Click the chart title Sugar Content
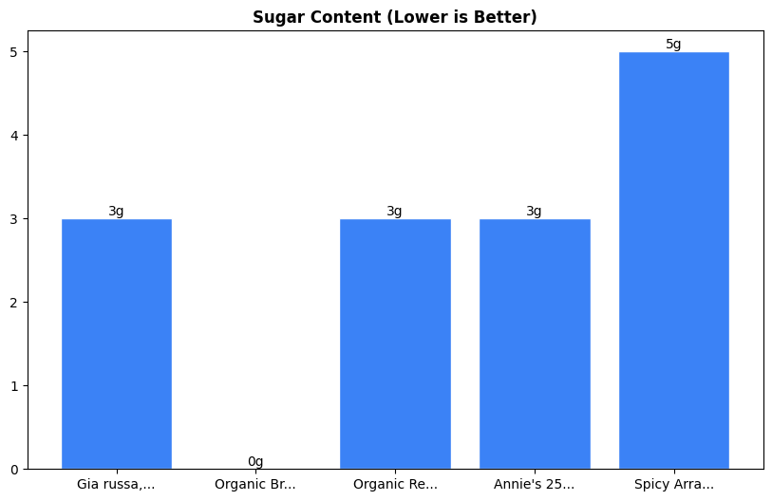[394, 17]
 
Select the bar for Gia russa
[117, 343]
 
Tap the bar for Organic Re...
[395, 343]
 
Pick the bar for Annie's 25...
[535, 343]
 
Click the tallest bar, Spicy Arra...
[673, 260]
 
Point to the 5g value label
[673, 45]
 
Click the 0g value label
[255, 461]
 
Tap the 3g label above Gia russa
[116, 212]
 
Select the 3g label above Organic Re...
[394, 212]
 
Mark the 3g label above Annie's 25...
[534, 212]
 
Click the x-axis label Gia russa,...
[116, 484]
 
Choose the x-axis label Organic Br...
[255, 484]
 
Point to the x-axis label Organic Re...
[395, 484]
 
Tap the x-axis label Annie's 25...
[534, 484]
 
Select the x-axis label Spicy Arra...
[673, 484]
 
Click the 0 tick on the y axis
[14, 469]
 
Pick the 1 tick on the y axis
[14, 385]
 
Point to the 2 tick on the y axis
[14, 303]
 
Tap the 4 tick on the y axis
[14, 136]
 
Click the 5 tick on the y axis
[14, 52]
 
